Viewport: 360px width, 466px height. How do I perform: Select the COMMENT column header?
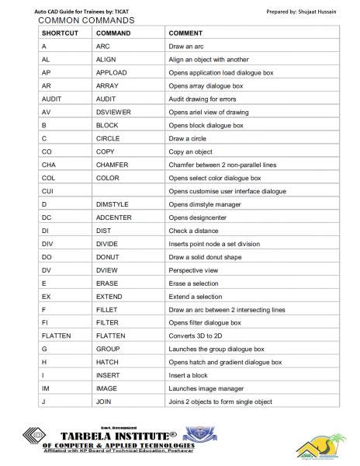coord(185,34)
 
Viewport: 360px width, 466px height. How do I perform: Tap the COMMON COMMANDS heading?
coord(75,20)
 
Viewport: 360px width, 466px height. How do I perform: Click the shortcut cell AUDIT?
coord(52,99)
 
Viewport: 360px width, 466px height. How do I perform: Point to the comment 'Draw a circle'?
coord(189,138)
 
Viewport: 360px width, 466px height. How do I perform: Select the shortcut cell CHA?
coord(49,165)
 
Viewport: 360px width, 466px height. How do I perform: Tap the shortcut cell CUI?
coord(47,191)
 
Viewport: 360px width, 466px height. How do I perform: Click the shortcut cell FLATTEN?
coord(56,336)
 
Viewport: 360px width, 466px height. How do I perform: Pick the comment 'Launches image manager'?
coord(206,388)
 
